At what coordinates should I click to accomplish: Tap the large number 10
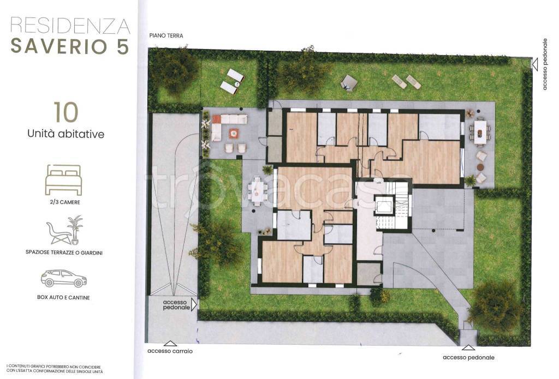point(66,112)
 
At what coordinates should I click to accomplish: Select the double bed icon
point(63,180)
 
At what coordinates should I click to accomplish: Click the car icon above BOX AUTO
point(64,279)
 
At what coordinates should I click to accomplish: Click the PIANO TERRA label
point(166,35)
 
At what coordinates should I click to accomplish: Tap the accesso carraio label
point(170,351)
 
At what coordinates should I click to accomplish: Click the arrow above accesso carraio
point(170,344)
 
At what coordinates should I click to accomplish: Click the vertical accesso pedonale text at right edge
point(544,64)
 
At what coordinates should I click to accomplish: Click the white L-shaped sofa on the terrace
point(227,125)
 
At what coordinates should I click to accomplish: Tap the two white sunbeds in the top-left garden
point(231,81)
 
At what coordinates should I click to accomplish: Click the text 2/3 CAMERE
point(65,202)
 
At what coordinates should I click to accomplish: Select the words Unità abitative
point(66,134)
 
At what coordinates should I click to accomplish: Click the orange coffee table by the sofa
point(233,133)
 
